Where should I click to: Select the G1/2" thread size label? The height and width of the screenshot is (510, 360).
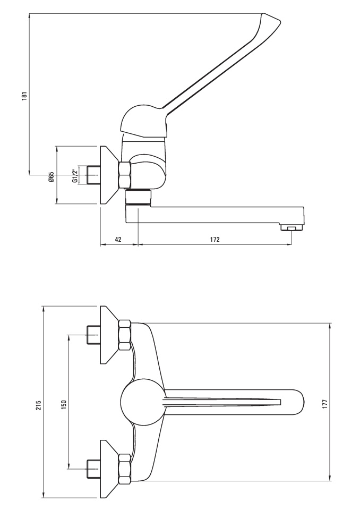(75, 175)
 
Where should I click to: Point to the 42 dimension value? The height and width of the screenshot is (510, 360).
(118, 240)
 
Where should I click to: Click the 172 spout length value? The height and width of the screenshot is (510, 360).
(215, 240)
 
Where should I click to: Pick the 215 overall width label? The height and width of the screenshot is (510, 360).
(38, 405)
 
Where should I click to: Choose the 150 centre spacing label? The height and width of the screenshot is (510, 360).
(63, 404)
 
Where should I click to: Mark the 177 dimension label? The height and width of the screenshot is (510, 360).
(325, 404)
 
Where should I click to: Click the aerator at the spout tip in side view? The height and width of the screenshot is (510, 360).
(292, 227)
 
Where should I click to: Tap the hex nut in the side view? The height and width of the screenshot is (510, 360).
(125, 175)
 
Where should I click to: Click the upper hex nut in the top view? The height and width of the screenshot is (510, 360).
(125, 335)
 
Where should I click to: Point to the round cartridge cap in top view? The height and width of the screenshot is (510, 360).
(142, 402)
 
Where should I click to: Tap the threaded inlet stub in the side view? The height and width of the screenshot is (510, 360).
(93, 175)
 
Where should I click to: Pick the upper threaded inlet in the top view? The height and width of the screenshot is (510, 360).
(93, 334)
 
